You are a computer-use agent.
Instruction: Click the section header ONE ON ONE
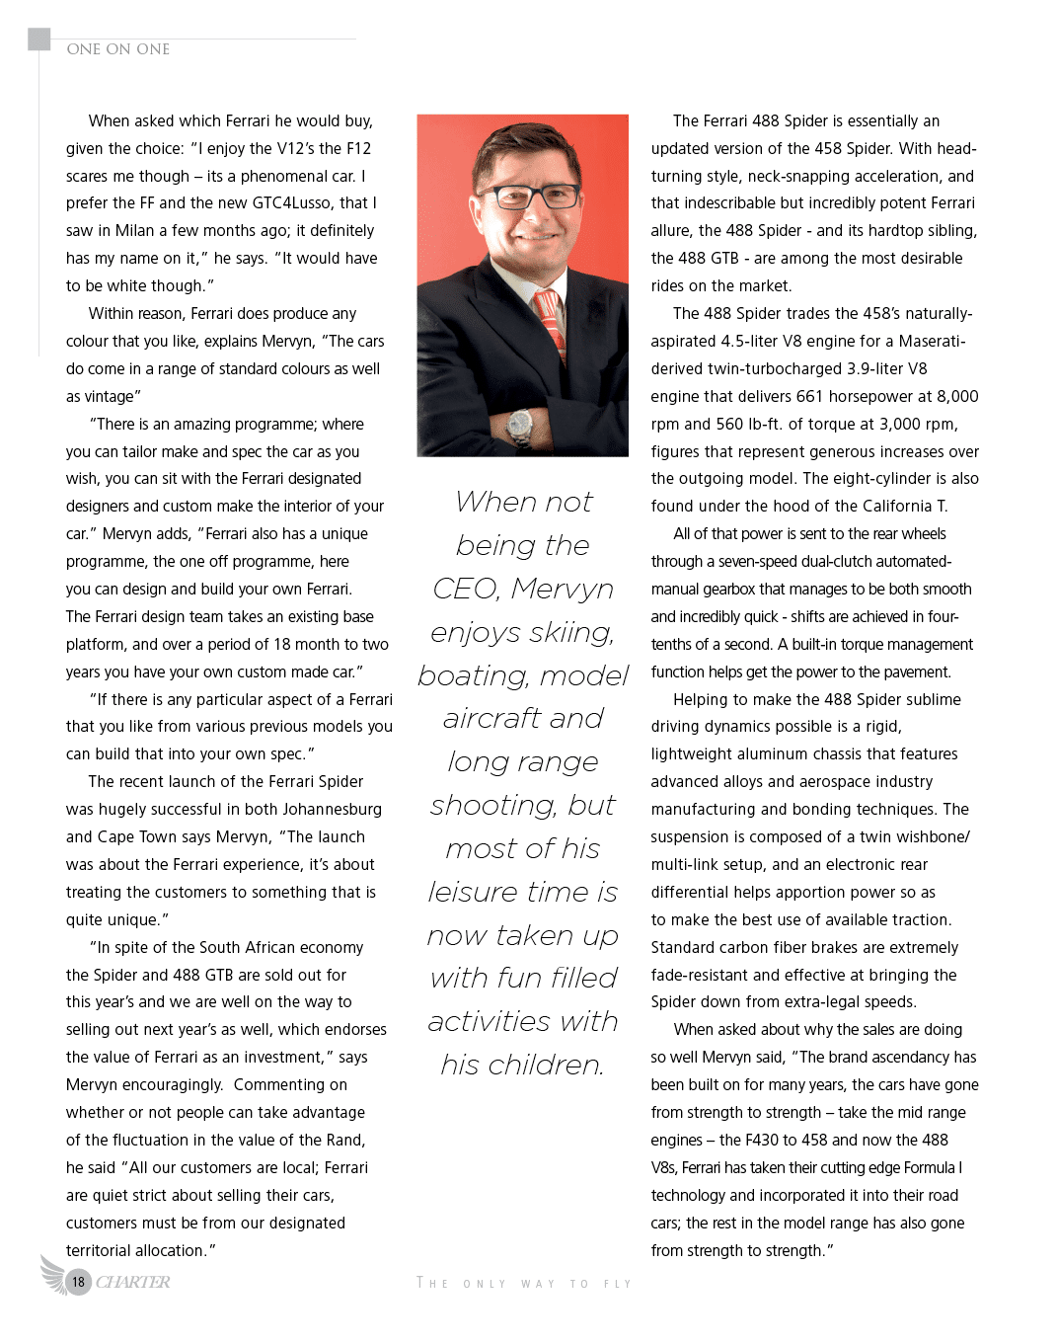click(x=118, y=49)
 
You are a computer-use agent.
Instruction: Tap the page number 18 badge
click(x=78, y=1282)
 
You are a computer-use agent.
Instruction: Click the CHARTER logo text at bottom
click(x=133, y=1282)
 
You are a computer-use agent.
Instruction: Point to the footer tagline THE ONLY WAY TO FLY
click(x=523, y=1284)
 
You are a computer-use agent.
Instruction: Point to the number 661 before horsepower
click(x=809, y=397)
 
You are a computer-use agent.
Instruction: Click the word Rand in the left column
click(x=344, y=1141)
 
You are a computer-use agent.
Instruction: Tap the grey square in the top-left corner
click(x=38, y=39)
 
